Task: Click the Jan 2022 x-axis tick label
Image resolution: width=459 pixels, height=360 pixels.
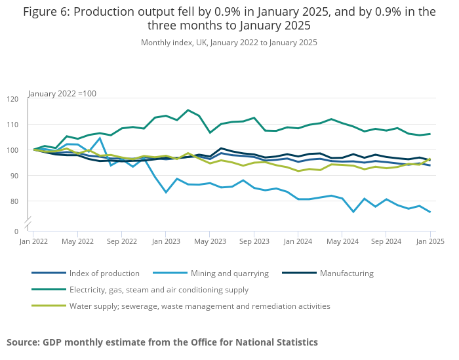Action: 34,241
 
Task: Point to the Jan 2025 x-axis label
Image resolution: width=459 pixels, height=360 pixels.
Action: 430,241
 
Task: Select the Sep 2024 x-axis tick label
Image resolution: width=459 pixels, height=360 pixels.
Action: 386,241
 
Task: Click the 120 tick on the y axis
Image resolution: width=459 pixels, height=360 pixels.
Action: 13,99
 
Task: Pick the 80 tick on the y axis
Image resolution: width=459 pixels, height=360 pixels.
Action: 15,201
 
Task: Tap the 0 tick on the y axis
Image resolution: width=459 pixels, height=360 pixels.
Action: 17,231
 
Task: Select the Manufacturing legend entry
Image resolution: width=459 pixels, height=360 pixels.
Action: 346,273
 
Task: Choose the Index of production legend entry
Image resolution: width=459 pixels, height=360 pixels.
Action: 104,273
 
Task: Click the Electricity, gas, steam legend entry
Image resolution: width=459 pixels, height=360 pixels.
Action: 159,289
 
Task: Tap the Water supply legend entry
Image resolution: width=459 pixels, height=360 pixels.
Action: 199,306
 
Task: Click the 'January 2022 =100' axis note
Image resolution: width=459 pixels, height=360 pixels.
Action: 62,94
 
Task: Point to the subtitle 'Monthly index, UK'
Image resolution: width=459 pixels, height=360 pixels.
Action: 229,43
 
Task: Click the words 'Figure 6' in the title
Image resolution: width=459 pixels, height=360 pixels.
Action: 45,12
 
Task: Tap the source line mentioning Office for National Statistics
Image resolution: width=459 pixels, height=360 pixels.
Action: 162,342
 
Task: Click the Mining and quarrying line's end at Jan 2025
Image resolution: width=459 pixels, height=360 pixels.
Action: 430,212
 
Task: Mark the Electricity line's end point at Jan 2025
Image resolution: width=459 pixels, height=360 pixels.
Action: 430,134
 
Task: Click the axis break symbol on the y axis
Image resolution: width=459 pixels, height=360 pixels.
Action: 28,225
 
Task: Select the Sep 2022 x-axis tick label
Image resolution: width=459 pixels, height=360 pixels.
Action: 122,241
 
